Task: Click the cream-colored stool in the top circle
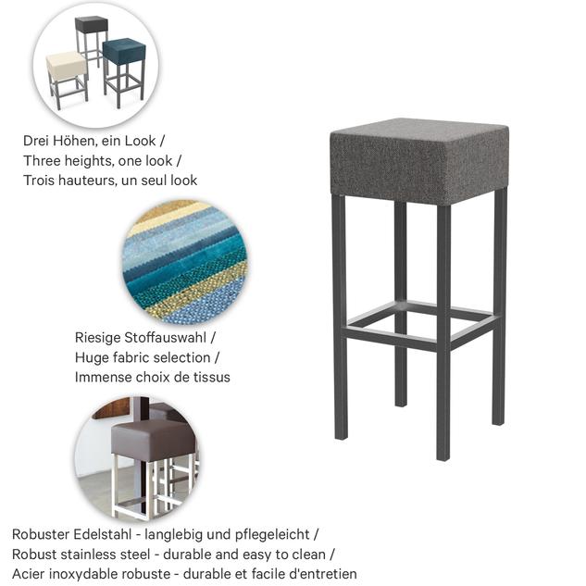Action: point(67,78)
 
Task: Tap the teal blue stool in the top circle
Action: point(124,71)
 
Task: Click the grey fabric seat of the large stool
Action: point(419,161)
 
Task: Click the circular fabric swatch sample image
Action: point(186,261)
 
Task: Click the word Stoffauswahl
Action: point(165,338)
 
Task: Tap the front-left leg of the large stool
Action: point(340,317)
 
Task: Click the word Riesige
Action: point(97,338)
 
